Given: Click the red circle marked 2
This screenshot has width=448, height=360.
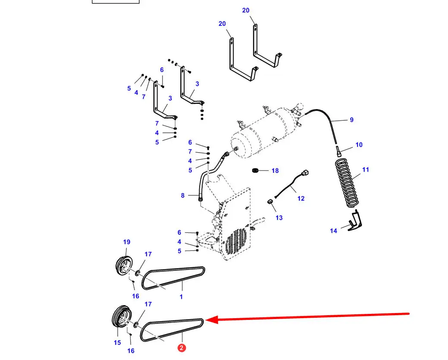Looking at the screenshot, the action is click(x=182, y=348).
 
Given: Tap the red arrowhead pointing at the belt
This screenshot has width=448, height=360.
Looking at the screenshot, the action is click(x=212, y=320).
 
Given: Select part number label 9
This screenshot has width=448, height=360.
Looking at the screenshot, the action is click(x=352, y=120).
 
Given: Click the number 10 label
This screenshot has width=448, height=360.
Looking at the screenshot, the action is click(x=359, y=145).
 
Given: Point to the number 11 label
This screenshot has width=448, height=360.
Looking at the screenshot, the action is click(x=366, y=170).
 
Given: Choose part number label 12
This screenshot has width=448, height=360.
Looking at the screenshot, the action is click(x=301, y=198).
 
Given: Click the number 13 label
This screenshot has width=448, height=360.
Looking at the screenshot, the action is click(x=279, y=218).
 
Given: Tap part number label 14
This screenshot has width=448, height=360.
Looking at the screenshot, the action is click(x=333, y=231).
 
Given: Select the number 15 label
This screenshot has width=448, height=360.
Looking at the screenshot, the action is click(x=117, y=343).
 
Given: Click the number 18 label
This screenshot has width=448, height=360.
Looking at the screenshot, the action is click(x=275, y=171).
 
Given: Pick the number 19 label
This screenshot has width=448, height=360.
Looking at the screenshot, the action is click(x=127, y=242).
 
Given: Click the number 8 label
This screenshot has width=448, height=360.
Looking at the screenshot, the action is click(x=182, y=195).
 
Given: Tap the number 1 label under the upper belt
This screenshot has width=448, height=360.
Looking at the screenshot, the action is click(x=181, y=297).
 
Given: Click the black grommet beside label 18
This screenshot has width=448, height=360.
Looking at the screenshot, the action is click(x=255, y=171).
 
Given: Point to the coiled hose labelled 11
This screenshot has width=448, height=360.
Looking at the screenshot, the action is click(x=347, y=183).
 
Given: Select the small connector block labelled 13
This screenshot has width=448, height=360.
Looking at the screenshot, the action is click(x=270, y=202).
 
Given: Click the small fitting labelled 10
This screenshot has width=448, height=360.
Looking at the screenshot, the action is click(x=339, y=151).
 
